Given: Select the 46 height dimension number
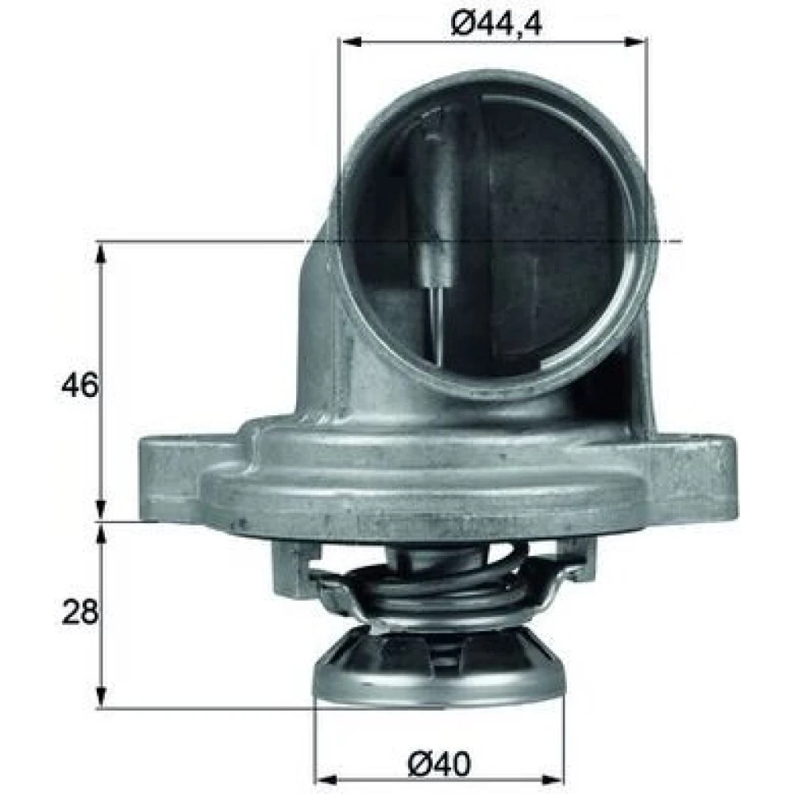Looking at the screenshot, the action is [79, 385].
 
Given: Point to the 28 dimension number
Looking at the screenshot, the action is [79, 612].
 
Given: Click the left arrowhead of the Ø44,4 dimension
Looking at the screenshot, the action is [349, 42].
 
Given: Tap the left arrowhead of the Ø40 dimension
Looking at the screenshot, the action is [326, 779].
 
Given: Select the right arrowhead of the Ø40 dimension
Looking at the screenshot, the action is [553, 779].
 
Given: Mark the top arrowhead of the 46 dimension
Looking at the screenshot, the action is [102, 254].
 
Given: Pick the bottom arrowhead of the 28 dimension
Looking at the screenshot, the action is [102, 696].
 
